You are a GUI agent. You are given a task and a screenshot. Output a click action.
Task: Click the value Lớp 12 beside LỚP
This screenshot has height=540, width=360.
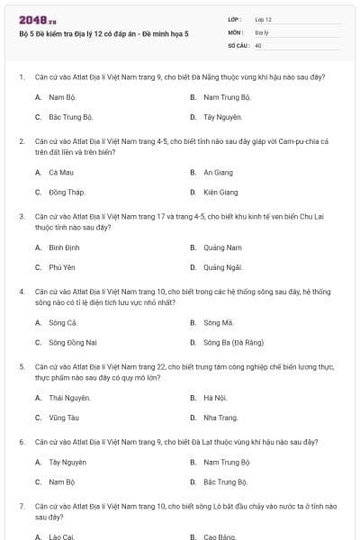[x=264, y=19]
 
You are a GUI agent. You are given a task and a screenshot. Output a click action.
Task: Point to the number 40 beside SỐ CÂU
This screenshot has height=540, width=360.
[x=258, y=44]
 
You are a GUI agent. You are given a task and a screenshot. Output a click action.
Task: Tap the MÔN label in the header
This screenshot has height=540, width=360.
[x=236, y=31]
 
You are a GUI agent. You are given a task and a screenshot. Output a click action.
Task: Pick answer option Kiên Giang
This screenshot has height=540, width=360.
[x=220, y=192]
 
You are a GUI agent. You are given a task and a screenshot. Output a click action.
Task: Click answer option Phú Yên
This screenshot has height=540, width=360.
[x=62, y=267]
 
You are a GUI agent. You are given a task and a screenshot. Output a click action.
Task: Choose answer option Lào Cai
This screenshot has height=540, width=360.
[x=62, y=536]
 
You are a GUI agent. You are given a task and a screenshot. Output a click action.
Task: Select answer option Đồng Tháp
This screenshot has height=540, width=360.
[x=66, y=192]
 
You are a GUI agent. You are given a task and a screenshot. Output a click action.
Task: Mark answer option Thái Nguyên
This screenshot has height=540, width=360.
[x=69, y=397]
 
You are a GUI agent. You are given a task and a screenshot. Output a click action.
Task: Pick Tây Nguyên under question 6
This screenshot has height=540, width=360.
[x=67, y=462]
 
